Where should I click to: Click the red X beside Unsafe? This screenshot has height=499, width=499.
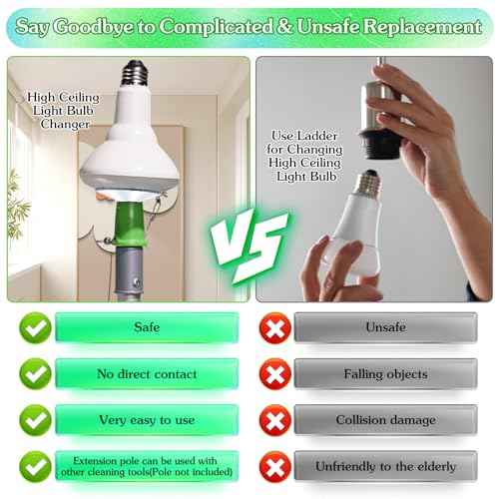point(273,327)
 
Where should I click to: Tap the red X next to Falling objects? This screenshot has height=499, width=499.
point(273,373)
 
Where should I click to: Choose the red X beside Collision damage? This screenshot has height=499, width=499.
point(273,420)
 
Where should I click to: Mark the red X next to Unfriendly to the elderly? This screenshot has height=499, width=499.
point(273,466)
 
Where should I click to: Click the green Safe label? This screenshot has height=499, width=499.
point(147,327)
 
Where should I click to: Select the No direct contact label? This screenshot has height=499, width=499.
point(147,373)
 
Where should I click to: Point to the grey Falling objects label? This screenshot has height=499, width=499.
point(385,373)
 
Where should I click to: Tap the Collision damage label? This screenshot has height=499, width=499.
point(385,420)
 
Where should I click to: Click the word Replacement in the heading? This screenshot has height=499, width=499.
point(420,27)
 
